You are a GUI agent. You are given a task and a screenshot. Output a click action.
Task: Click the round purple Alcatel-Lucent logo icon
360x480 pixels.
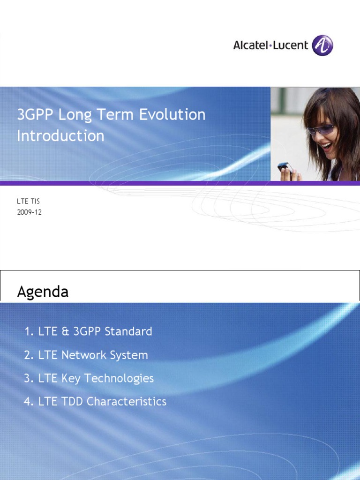[323, 46]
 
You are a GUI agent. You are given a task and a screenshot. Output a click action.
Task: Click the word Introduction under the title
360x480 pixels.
[60, 136]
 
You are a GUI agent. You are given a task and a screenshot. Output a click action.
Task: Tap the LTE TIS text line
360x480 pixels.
[29, 202]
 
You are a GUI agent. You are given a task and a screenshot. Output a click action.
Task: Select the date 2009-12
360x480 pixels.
[30, 211]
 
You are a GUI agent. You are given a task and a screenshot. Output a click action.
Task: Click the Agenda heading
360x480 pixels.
[43, 292]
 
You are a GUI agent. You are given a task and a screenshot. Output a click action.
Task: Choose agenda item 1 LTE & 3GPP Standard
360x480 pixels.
[88, 331]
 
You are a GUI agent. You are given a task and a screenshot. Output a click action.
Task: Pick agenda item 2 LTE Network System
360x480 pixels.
[86, 355]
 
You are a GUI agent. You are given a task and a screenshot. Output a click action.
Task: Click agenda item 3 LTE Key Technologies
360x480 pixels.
[89, 378]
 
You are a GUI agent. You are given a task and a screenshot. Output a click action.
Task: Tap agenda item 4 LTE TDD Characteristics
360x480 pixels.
[95, 402]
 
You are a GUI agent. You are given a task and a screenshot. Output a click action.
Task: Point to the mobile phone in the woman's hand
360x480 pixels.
[285, 167]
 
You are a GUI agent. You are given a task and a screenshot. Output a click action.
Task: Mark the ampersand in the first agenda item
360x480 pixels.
[65, 331]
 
